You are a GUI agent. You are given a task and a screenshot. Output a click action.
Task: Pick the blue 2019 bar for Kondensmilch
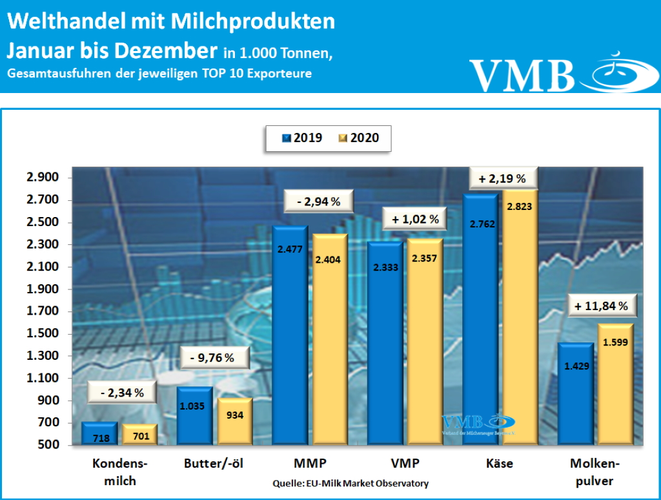point(99,434)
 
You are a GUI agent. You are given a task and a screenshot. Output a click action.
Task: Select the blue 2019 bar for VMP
point(385,342)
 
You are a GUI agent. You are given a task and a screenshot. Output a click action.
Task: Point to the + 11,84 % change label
point(600,306)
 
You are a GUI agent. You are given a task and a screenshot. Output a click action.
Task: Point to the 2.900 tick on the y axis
point(42,178)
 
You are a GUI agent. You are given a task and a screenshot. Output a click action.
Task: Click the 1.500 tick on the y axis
point(42,334)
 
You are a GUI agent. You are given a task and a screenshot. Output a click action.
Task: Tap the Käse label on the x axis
point(498,463)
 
